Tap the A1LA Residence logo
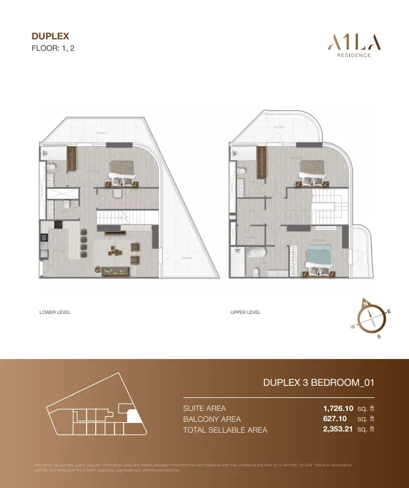point(354,45)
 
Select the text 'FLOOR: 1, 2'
point(53,49)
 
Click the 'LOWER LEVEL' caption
point(55,313)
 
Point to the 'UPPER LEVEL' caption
point(246,313)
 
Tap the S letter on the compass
point(379,336)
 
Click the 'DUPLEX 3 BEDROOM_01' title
point(318,383)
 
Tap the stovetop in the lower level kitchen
point(57,225)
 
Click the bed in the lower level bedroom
point(122,170)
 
